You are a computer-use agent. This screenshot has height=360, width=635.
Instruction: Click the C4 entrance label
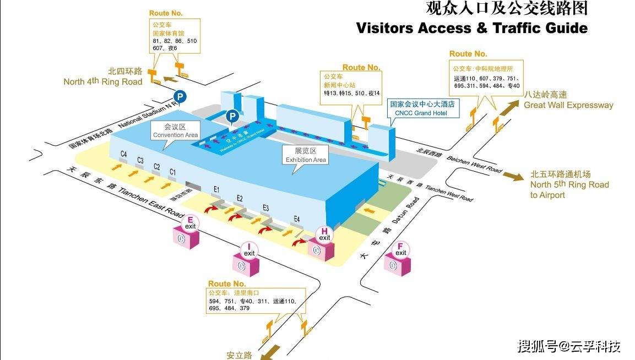point(124,155)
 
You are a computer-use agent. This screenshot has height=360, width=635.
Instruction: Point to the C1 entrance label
point(172,172)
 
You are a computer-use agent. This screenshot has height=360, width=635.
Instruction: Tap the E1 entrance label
point(216,189)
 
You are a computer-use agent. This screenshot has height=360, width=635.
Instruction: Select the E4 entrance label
point(297,219)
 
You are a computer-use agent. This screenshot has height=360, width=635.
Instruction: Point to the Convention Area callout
point(176,131)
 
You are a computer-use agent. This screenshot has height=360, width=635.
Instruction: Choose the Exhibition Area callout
point(306,155)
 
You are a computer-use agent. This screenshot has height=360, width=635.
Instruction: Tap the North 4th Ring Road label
point(103,77)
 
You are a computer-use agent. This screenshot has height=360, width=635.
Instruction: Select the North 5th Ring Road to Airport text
point(569,184)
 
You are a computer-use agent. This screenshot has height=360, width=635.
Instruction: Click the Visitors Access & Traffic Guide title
point(471,28)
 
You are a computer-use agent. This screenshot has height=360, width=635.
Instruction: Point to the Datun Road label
point(401,215)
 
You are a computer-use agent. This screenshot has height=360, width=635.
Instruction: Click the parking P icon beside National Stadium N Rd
point(181,97)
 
